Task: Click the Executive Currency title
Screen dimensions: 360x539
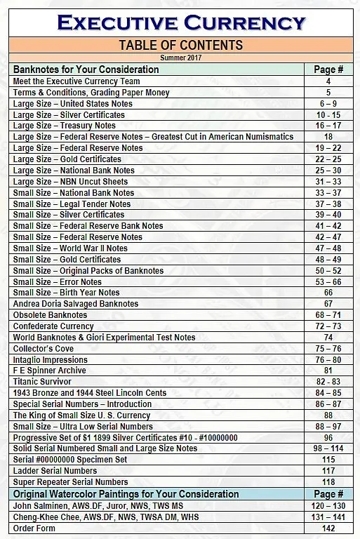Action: coord(181,22)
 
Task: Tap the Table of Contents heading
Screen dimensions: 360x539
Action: coord(180,46)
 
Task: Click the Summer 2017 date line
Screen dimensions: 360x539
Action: coord(180,58)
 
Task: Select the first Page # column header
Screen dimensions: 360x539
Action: coord(328,69)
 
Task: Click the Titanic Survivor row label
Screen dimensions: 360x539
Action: coord(42,382)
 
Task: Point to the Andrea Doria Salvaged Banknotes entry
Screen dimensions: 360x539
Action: coord(67,304)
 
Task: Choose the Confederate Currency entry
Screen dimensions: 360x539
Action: coord(53,326)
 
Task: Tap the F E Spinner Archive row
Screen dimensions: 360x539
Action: coord(50,371)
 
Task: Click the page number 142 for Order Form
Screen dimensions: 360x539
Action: coord(328,528)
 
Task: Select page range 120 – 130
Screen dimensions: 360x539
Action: coord(328,505)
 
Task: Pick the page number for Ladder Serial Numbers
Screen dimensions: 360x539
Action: coord(328,471)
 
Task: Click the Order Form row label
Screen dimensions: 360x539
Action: coord(34,528)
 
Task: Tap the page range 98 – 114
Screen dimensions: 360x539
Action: coord(328,448)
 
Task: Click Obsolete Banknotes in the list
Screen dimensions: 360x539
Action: coord(51,315)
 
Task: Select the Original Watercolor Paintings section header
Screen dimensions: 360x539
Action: coord(126,494)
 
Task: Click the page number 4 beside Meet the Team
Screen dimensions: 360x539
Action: coord(328,81)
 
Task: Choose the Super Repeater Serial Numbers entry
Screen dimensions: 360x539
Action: coord(71,482)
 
